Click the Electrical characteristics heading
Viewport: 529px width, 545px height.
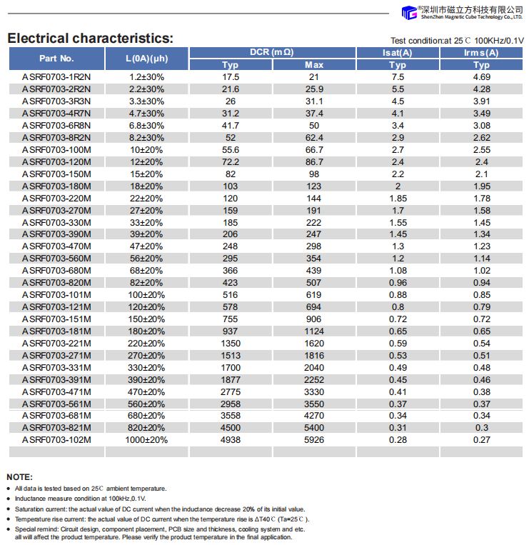[90, 39]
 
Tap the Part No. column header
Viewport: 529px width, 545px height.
[56, 59]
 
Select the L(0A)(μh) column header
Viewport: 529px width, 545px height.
[146, 59]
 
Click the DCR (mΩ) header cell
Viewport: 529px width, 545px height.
[272, 52]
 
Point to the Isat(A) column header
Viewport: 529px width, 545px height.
[398, 52]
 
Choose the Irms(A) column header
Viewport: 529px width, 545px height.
[482, 52]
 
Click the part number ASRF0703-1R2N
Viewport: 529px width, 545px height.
[56, 76]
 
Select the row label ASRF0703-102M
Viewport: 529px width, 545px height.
[56, 440]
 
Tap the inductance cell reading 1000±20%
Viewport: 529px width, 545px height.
[146, 440]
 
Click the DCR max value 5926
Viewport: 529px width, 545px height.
[314, 440]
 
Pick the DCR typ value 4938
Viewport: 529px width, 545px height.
[231, 440]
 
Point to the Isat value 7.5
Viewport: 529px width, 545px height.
[398, 76]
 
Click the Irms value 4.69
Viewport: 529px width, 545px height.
[482, 76]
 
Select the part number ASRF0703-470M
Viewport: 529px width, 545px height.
[56, 246]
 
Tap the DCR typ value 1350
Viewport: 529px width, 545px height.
[231, 343]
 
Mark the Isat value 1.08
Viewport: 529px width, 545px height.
[398, 270]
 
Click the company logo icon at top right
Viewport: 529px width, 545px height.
[409, 13]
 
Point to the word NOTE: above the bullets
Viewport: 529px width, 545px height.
[19, 476]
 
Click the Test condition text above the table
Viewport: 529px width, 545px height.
[457, 41]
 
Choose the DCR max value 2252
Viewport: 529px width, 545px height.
[314, 379]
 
